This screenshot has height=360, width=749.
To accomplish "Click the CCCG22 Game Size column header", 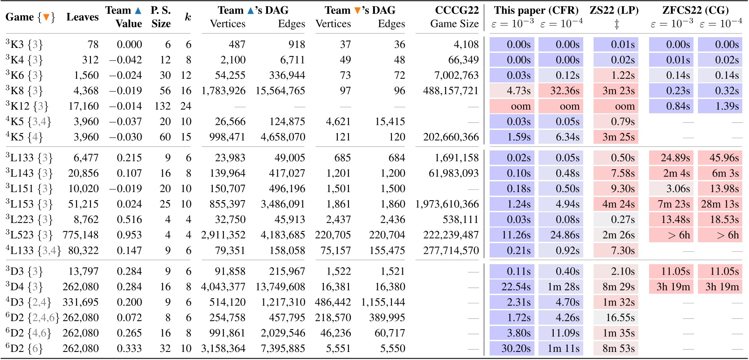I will [x=454, y=17].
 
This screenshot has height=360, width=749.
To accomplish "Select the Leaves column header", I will [x=82, y=17].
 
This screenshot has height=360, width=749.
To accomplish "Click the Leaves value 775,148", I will [x=81, y=235].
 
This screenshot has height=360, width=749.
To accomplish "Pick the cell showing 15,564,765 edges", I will [x=280, y=91].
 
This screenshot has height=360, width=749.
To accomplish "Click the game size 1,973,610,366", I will [x=447, y=204].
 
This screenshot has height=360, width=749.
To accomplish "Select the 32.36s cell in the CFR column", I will [x=560, y=91].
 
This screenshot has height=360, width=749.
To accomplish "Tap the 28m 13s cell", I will [x=720, y=204].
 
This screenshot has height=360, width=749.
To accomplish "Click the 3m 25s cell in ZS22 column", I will [x=616, y=137].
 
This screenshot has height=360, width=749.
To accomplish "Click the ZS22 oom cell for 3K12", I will [x=616, y=106].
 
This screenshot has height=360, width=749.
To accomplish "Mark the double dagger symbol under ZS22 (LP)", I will [x=616, y=25].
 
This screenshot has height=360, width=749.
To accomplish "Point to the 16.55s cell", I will [x=616, y=318].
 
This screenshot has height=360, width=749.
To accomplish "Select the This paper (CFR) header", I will [x=536, y=10].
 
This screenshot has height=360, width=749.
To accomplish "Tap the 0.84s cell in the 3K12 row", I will [x=671, y=106].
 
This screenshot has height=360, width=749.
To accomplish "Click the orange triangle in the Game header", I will [x=46, y=17].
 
